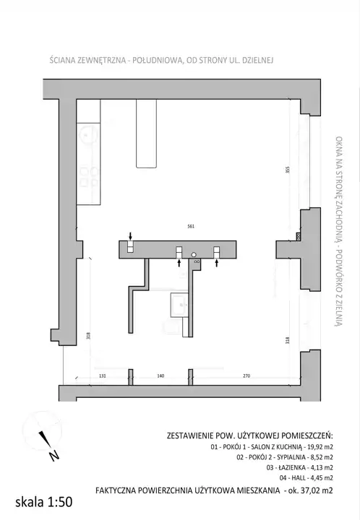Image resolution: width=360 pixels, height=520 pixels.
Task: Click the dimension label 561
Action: (191, 227)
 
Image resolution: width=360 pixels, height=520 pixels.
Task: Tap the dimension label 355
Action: (288, 170)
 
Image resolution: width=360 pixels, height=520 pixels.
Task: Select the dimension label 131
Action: (103, 376)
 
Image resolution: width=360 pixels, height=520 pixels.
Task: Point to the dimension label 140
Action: (160, 376)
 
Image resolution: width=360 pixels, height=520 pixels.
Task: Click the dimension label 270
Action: (247, 376)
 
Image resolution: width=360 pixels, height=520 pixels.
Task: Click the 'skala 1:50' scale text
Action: (44, 502)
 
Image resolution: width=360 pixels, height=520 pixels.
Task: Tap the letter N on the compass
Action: (54, 456)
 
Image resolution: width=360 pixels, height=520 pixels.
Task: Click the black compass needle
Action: (44, 439)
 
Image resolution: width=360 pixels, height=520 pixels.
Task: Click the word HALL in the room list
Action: (298, 478)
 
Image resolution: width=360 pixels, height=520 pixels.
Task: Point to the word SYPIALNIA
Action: (291, 457)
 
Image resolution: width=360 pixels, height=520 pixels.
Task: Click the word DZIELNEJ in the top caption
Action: (258, 61)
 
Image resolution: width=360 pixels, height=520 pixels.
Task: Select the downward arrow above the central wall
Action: (130, 235)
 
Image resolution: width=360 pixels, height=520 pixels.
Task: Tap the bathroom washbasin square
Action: (179, 304)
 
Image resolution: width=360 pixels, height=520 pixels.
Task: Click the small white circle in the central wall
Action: (194, 255)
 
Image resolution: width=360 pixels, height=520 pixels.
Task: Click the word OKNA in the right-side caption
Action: (338, 143)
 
